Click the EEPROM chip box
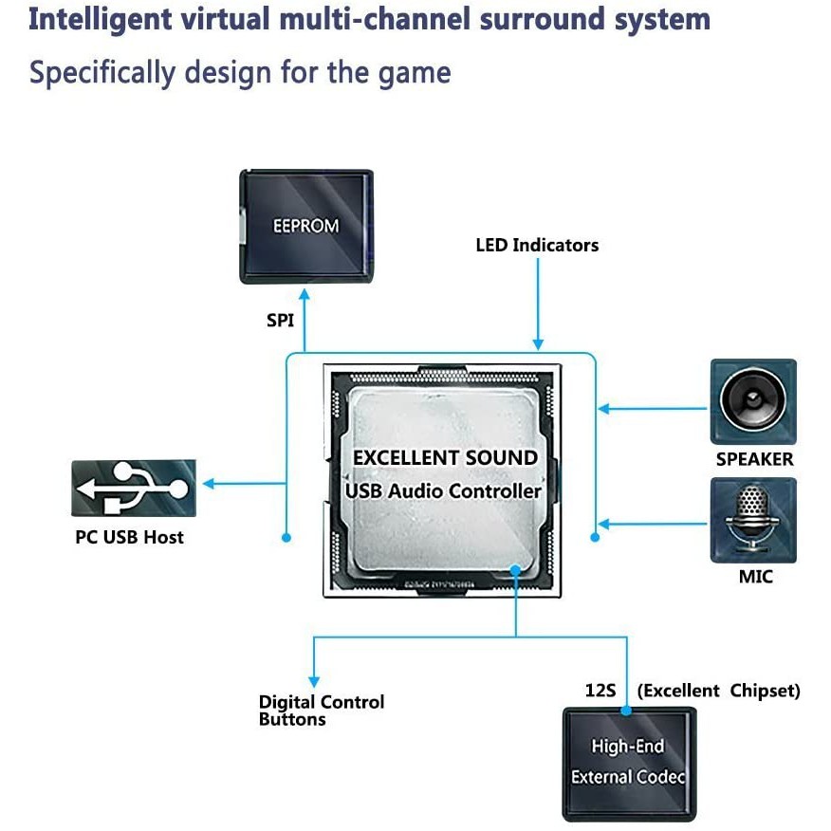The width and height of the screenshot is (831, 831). [305, 227]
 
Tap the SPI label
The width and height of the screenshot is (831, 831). [280, 321]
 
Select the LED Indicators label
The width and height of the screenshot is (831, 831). [537, 246]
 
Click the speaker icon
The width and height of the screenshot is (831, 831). [753, 401]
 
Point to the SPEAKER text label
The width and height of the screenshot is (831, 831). [754, 459]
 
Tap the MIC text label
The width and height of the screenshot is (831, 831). [755, 577]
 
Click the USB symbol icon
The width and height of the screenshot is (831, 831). [134, 488]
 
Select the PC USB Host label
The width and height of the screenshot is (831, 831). [129, 538]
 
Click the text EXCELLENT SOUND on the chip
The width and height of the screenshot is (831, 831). [445, 458]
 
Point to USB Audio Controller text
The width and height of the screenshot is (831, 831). [443, 491]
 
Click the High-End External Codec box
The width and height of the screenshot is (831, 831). [629, 763]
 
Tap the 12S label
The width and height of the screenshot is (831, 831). [600, 691]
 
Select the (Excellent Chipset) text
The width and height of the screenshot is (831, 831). [718, 691]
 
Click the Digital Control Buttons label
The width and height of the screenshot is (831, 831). [322, 711]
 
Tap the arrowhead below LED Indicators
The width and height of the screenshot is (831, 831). [538, 344]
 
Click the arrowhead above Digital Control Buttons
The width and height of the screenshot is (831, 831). [313, 680]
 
